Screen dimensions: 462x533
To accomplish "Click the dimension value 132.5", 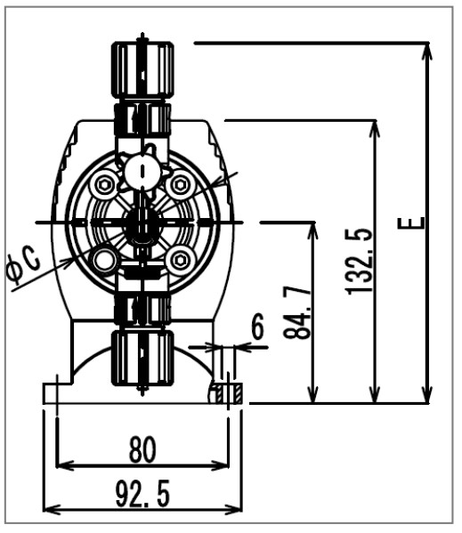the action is [359, 261].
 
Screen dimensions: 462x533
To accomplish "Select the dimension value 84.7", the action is [296, 312].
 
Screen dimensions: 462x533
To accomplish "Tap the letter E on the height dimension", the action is [411, 223].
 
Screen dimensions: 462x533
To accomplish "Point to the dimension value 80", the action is [142, 449].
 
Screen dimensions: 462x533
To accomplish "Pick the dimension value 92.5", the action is [142, 495].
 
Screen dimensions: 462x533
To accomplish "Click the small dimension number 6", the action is [257, 327].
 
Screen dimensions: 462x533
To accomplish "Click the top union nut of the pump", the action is [142, 69].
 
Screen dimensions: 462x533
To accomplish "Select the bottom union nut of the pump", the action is [142, 358].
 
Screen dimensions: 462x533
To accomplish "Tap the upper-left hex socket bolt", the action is [103, 185].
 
